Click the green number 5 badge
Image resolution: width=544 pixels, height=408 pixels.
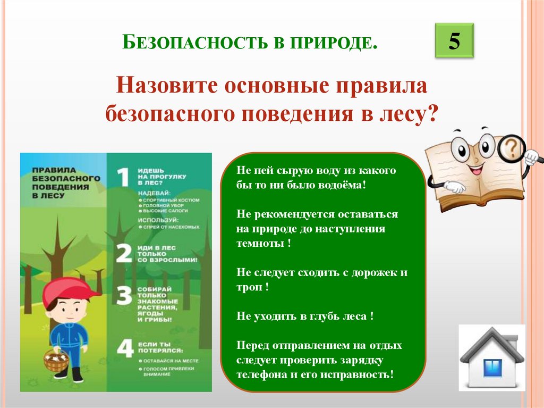pyautogui.click(x=454, y=41)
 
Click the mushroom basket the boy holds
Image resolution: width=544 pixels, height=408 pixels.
pyautogui.click(x=56, y=361)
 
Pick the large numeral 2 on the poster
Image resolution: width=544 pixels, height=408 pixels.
pyautogui.click(x=123, y=254)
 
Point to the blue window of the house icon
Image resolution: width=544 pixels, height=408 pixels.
pyautogui.click(x=492, y=368)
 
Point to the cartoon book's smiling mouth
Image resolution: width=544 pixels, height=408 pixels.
pyautogui.click(x=474, y=171)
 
